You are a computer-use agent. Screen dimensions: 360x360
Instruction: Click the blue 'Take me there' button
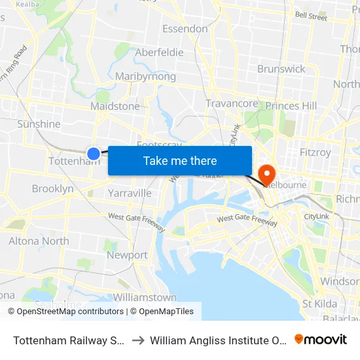179,160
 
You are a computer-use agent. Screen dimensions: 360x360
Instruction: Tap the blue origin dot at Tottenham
94,153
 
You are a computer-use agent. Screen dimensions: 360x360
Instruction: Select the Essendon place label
185,29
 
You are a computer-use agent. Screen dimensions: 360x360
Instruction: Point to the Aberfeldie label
159,52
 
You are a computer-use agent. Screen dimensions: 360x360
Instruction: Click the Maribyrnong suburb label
145,77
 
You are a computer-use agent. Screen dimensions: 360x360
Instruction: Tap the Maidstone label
115,106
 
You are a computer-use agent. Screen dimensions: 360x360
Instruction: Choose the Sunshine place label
39,124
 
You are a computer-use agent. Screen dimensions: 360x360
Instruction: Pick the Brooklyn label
53,189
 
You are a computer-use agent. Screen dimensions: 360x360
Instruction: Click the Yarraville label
130,193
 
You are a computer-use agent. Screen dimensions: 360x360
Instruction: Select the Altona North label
39,241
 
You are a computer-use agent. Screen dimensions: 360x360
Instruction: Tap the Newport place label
127,255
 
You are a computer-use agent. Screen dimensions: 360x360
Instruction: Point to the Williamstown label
145,297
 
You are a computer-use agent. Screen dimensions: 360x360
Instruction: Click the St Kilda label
319,304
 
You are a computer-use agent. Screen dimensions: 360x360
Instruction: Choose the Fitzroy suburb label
315,152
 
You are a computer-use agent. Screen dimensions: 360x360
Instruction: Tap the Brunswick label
281,69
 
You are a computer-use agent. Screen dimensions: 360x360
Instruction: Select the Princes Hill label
291,106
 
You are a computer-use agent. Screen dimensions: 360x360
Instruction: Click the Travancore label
232,103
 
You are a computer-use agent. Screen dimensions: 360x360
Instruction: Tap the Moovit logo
321,340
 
